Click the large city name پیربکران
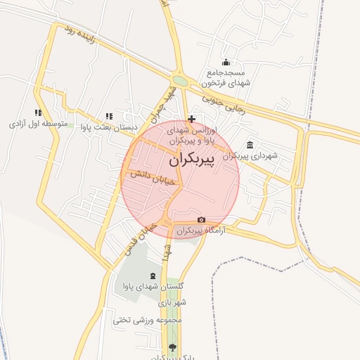[191, 160]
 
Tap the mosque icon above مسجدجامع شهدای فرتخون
[226, 63]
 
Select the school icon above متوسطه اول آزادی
[38, 112]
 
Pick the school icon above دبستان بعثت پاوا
[108, 116]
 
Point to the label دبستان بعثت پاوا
[108, 128]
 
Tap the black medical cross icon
[191, 119]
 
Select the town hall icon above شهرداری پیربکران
[250, 145]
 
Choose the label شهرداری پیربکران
[250, 156]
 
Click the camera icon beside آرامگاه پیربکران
[201, 220]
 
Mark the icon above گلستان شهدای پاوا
[153, 275]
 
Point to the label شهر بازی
[172, 302]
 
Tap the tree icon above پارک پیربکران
[172, 347]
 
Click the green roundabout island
[181, 81]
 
